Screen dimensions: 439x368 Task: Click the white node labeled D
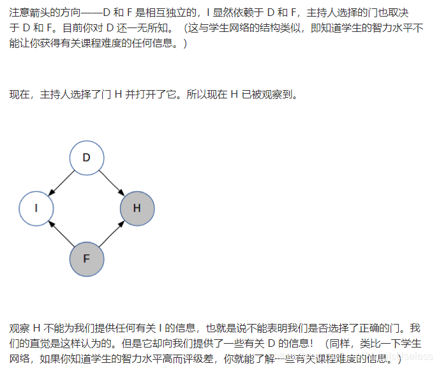click(x=86, y=157)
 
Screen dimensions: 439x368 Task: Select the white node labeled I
click(x=36, y=208)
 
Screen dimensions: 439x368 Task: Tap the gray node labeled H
click(x=137, y=208)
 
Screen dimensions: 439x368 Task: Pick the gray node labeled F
click(x=86, y=259)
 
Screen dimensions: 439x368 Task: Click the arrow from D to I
click(x=61, y=182)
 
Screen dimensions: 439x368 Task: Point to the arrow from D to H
click(x=112, y=182)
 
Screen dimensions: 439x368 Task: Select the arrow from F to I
click(x=61, y=233)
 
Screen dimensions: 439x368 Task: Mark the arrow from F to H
click(x=112, y=233)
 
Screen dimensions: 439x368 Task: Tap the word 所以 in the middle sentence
click(x=197, y=95)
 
